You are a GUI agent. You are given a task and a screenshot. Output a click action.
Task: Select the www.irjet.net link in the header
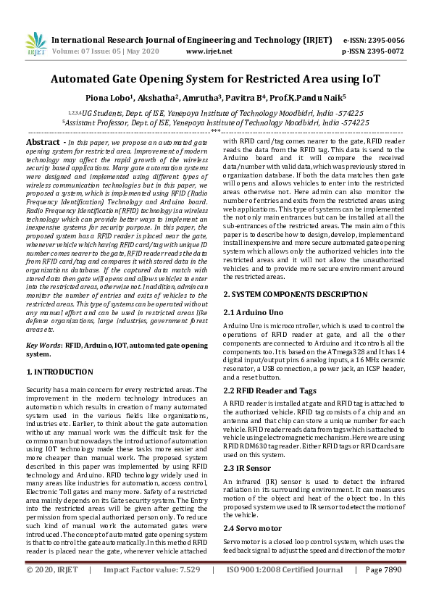coord(209,51)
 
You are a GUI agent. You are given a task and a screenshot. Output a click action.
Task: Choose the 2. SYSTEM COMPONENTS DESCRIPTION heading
coord(290,294)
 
